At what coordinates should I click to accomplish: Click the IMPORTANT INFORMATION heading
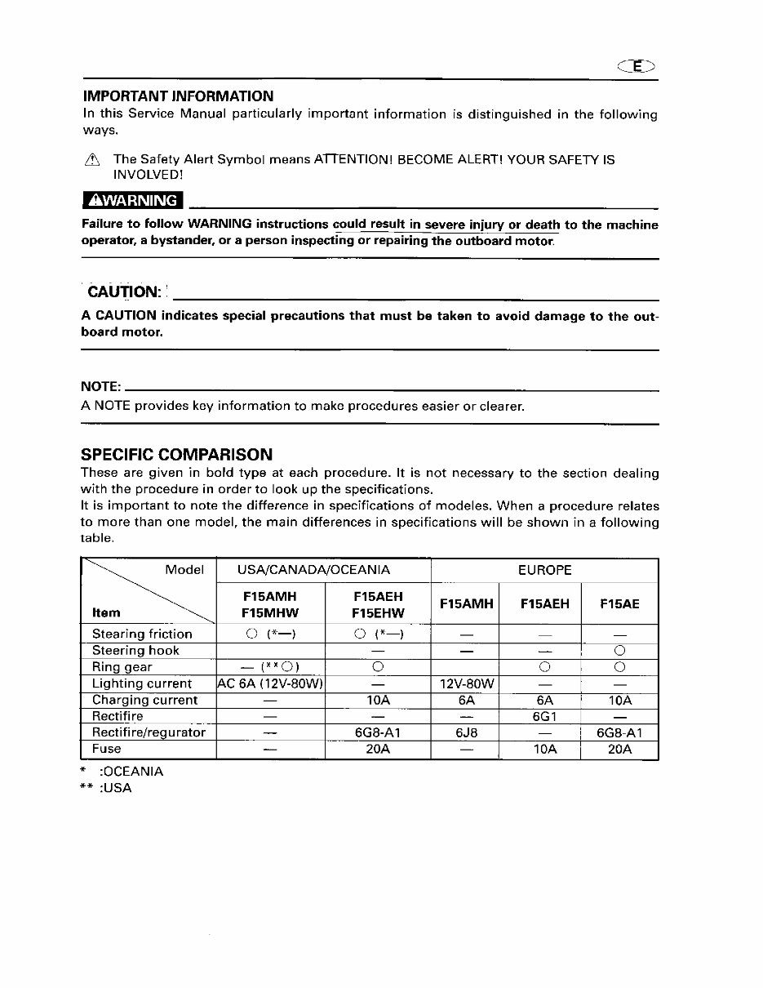click(177, 96)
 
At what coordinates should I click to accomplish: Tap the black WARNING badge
click(133, 201)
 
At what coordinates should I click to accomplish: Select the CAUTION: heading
click(124, 292)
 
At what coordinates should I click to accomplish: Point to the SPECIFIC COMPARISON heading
click(176, 455)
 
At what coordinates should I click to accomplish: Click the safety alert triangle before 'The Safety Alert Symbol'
click(91, 160)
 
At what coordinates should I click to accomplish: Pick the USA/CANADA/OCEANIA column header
click(313, 570)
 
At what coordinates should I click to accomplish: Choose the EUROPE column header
click(544, 570)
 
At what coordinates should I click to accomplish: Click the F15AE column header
click(619, 604)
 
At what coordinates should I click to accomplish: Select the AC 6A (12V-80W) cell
click(271, 683)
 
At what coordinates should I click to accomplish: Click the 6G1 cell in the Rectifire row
click(544, 716)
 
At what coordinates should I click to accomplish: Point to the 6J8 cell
click(465, 732)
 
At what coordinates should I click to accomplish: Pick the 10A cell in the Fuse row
click(544, 749)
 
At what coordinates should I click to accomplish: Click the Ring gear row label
click(122, 667)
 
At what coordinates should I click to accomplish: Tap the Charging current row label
click(144, 700)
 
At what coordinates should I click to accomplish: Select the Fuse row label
click(106, 749)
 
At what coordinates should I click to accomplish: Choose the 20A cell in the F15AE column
click(619, 749)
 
